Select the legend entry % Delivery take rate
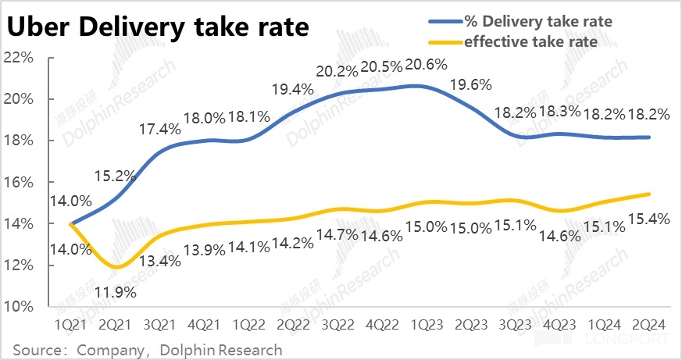tap(538, 21)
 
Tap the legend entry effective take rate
tap(530, 41)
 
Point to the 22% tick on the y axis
tap(21, 58)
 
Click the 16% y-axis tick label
tap(21, 182)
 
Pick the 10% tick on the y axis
tap(21, 306)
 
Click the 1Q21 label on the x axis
tap(70, 323)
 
